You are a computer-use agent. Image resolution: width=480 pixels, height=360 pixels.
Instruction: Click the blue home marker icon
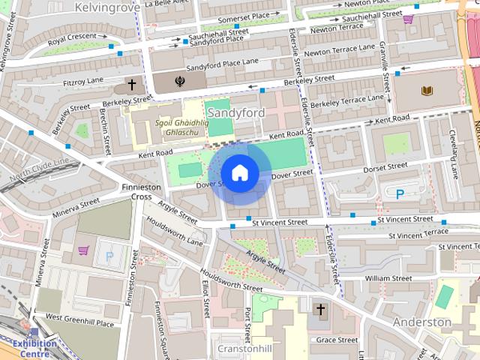point(239,172)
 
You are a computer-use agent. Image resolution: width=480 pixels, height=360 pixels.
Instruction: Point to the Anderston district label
point(422,322)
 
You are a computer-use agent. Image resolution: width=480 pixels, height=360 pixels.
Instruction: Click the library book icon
point(427,91)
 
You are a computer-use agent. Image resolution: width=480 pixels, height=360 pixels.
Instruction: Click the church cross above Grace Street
point(320,309)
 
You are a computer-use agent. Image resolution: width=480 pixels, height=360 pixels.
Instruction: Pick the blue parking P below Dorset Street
point(400,193)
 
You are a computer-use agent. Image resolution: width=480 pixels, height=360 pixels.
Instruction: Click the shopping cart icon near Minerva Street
point(83,250)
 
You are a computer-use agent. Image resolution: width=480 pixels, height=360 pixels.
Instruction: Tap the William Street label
point(387,277)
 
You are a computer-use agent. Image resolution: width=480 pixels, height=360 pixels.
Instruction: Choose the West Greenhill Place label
point(79,320)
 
